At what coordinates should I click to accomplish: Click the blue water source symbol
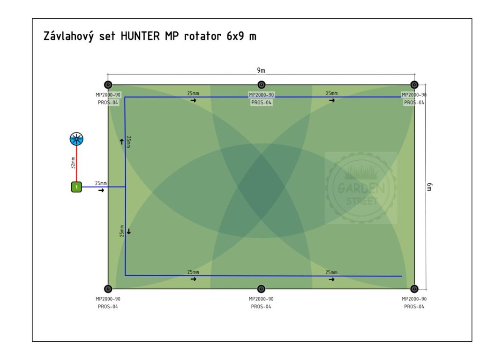76,138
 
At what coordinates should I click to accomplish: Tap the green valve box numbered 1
76,187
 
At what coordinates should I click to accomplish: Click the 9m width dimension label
261,70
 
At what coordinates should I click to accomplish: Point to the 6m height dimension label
429,187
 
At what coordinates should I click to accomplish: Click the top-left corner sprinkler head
108,85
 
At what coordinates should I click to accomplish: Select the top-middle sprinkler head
262,85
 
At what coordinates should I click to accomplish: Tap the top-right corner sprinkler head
414,85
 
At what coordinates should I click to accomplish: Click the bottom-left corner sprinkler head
108,289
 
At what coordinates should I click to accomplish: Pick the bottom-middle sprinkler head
262,289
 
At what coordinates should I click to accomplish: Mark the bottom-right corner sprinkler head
414,289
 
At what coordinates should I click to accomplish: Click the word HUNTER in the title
141,37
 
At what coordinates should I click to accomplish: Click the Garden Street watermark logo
360,187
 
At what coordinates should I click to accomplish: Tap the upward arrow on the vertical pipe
121,142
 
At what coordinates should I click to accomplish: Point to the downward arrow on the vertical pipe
129,232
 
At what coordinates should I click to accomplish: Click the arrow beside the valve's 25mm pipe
101,191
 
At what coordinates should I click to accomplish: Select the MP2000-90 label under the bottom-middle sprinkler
261,299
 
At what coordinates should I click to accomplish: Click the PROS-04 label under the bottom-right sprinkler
414,307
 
